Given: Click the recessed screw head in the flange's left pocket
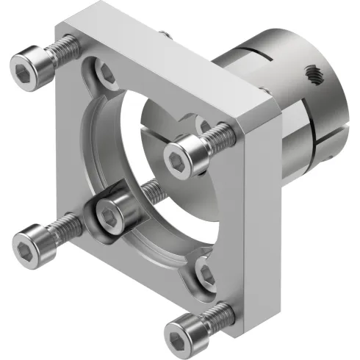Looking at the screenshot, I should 115,213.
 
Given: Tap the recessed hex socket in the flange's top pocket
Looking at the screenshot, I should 106,72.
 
